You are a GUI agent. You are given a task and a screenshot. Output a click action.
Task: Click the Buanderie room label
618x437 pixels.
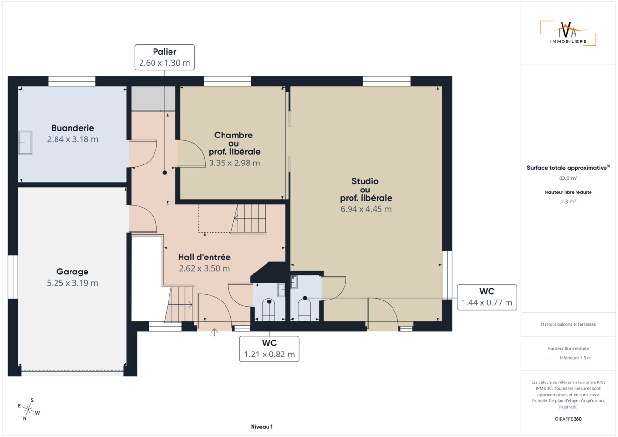[72, 128]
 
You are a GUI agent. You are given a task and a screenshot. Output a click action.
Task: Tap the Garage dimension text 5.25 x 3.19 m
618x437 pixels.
[72, 283]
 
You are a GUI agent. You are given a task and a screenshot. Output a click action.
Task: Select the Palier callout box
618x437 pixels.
[165, 57]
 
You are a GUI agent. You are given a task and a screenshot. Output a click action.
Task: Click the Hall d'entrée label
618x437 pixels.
[204, 257]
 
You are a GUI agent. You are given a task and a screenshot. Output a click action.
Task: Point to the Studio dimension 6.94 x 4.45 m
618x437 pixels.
[366, 209]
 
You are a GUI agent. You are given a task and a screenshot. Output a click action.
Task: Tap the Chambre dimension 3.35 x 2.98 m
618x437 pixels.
[234, 163]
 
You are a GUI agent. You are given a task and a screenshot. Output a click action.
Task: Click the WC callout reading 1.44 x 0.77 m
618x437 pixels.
[487, 297]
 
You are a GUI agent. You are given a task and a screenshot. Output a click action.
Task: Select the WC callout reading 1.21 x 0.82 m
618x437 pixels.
[269, 349]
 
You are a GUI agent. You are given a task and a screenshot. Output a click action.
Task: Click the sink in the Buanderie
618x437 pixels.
[25, 143]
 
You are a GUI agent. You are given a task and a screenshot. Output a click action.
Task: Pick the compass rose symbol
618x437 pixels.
[28, 409]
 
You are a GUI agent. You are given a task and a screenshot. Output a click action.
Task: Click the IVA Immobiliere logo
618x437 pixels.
[568, 33]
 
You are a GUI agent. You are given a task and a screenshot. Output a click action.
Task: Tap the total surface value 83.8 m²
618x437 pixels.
[568, 178]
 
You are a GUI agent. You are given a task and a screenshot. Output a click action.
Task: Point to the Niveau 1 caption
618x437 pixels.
[262, 427]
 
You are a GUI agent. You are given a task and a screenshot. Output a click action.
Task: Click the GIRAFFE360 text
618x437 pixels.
[568, 419]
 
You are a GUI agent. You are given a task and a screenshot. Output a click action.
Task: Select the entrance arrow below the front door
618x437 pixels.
[214, 332]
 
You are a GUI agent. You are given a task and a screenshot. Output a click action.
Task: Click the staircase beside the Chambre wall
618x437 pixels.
[249, 219]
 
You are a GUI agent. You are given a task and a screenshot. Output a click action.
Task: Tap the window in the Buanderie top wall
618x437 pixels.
[72, 82]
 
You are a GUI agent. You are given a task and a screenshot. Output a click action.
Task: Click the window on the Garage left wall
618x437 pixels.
[13, 277]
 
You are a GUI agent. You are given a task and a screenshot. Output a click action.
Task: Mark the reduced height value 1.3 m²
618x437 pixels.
[568, 202]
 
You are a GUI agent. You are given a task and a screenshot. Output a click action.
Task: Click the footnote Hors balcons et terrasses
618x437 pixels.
[568, 324]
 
